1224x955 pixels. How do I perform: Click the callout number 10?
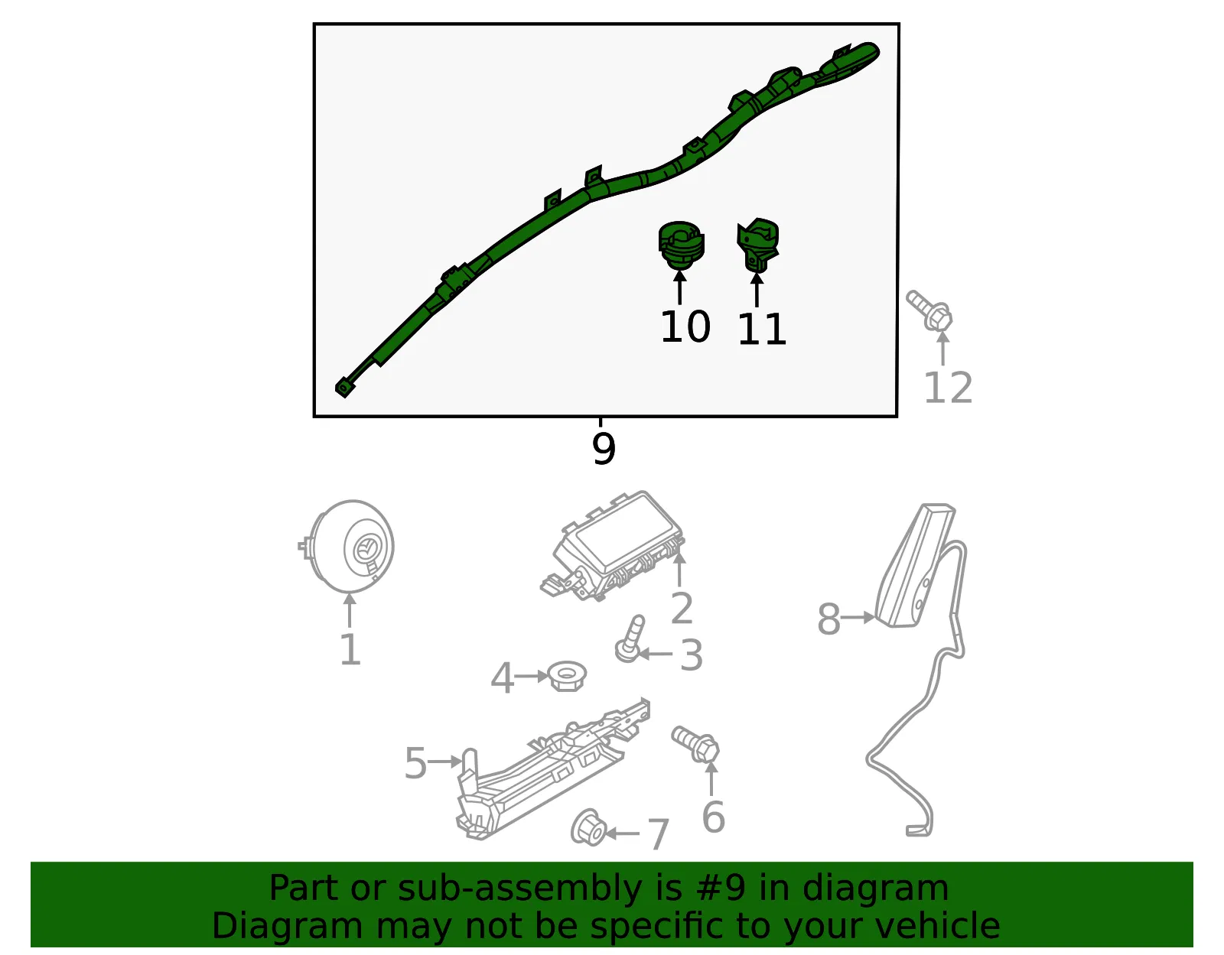[685, 326]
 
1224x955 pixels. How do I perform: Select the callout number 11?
[761, 330]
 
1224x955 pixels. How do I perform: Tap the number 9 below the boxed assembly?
[604, 449]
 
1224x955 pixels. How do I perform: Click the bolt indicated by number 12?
[930, 310]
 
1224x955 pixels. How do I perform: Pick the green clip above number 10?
[681, 245]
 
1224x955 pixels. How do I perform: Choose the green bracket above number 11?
[758, 245]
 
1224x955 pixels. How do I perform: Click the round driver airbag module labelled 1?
[346, 547]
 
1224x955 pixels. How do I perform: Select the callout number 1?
[350, 649]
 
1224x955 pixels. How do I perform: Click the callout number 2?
[682, 608]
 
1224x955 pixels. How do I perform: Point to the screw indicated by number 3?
[630, 638]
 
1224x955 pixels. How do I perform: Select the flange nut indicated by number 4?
[567, 676]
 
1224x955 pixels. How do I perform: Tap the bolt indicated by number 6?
[695, 744]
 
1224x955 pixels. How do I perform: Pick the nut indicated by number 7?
[588, 828]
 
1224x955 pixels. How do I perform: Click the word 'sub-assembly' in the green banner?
[520, 888]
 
